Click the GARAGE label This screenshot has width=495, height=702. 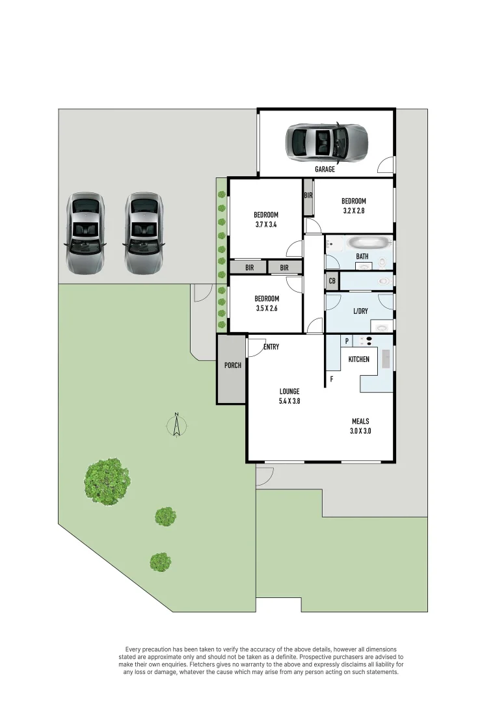[x=325, y=169]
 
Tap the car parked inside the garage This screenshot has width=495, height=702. [x=327, y=141]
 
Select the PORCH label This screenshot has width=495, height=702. [x=232, y=365]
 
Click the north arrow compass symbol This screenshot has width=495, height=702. [x=176, y=426]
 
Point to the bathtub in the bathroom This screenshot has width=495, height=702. [x=369, y=244]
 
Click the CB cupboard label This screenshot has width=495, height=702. [x=332, y=281]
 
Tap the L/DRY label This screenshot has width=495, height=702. [x=360, y=311]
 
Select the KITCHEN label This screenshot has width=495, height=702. [x=358, y=359]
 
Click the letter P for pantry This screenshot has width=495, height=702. [x=347, y=341]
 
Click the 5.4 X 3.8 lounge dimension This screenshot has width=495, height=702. [x=289, y=401]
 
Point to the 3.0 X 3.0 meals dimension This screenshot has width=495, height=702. [x=360, y=430]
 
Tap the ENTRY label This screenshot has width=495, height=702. [x=271, y=347]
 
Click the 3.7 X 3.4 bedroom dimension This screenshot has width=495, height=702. [x=265, y=225]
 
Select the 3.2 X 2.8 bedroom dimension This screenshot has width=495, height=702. [x=353, y=211]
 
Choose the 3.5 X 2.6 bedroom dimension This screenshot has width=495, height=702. [x=266, y=309]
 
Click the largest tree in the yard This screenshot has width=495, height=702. [x=106, y=481]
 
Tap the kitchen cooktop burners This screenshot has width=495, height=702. [x=369, y=341]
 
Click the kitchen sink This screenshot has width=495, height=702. [x=386, y=359]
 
